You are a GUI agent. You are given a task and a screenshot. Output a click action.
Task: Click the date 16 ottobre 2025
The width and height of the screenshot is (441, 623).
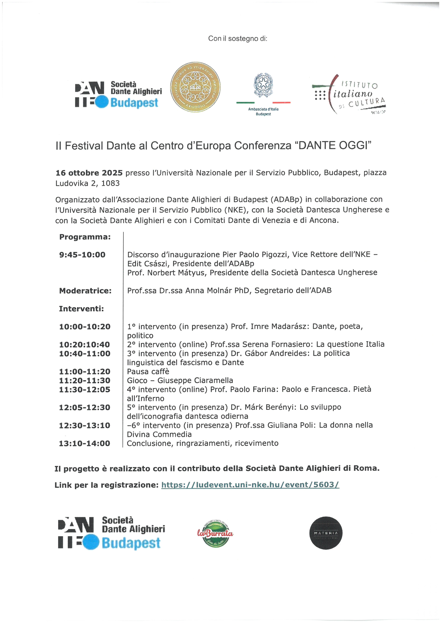point(89,173)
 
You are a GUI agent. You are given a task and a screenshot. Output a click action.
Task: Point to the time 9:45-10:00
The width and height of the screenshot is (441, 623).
point(82,255)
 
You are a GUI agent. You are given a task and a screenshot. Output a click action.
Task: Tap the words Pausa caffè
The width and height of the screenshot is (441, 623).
point(148,371)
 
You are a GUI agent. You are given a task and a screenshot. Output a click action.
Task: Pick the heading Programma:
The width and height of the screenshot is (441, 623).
point(85,237)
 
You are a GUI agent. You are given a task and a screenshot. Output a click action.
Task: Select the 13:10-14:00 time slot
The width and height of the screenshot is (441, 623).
point(84,443)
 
